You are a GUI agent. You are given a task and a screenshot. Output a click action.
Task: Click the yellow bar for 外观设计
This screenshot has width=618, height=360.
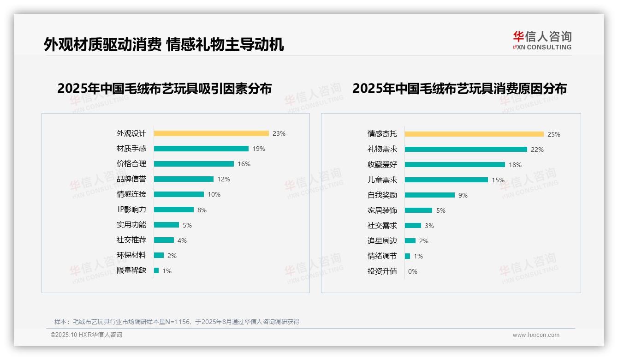coord(211,133)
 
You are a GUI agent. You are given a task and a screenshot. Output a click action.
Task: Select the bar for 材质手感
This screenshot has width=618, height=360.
coord(201,149)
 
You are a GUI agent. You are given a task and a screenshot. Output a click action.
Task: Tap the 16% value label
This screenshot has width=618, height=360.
coord(244,164)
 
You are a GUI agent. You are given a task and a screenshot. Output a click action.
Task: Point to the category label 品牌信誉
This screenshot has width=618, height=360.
coord(131,179)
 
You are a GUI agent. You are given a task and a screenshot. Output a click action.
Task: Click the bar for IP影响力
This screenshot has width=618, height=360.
coord(174,210)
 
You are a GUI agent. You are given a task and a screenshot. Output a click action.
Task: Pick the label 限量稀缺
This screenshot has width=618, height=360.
coord(131,270)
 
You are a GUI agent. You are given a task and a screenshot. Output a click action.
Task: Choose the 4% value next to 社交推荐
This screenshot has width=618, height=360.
coord(182,240)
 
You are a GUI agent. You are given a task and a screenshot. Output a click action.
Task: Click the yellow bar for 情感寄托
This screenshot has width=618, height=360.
coord(474,134)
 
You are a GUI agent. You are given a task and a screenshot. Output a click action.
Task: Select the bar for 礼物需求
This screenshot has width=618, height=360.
coord(466,150)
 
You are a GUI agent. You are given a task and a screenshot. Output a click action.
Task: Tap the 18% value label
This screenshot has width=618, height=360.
coord(515,165)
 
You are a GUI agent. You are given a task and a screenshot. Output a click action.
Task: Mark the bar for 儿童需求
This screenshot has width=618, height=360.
coord(446,180)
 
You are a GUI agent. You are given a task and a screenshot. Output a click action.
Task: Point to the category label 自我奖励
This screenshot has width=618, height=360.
coord(382,195)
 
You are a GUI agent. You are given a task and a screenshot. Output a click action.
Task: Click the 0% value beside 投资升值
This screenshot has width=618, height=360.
coord(413,271)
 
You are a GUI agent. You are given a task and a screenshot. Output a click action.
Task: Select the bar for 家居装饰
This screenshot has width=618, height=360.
coord(418,210)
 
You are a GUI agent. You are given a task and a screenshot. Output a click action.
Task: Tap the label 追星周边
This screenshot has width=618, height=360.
coord(382,241)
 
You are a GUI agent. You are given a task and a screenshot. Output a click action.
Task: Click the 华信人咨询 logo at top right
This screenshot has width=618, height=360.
coord(542,40)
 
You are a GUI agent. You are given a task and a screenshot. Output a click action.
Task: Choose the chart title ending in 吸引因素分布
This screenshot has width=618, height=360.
coord(165,88)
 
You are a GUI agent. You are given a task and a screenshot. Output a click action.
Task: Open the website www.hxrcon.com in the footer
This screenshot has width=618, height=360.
coord(536,335)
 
